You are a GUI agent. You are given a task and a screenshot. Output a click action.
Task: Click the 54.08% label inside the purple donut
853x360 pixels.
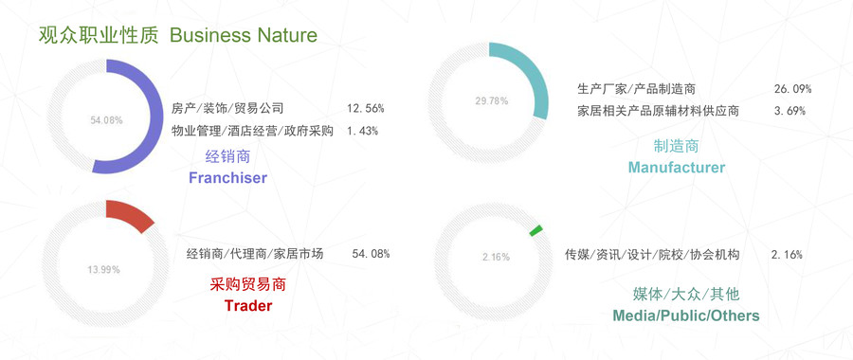[x=106, y=120]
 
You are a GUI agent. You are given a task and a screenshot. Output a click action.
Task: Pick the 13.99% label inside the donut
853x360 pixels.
[x=103, y=270]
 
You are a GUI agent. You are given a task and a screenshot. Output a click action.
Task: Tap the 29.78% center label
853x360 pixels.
[x=492, y=100]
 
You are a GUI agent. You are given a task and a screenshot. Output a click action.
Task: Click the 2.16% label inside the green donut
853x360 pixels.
[x=496, y=257]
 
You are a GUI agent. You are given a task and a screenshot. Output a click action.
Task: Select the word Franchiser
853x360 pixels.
[x=227, y=178]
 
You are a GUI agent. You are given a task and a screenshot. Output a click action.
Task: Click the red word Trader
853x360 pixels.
[x=248, y=306]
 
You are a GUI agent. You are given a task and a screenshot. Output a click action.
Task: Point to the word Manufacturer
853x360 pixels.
[x=677, y=167]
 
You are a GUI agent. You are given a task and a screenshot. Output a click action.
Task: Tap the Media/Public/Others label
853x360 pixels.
[x=686, y=315]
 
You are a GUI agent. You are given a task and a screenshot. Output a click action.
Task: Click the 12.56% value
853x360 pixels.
[x=366, y=108]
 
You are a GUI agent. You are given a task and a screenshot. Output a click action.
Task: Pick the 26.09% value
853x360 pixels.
[x=792, y=89]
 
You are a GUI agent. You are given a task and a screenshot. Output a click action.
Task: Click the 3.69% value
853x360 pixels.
[x=789, y=111]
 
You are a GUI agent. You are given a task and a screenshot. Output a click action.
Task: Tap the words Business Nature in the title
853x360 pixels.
[x=244, y=35]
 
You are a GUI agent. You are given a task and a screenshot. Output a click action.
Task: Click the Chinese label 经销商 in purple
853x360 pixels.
[x=227, y=157]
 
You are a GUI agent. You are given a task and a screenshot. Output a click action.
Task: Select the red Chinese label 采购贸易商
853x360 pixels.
[x=247, y=284]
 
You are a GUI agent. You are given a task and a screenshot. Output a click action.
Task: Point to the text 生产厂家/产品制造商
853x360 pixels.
[x=636, y=89]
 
